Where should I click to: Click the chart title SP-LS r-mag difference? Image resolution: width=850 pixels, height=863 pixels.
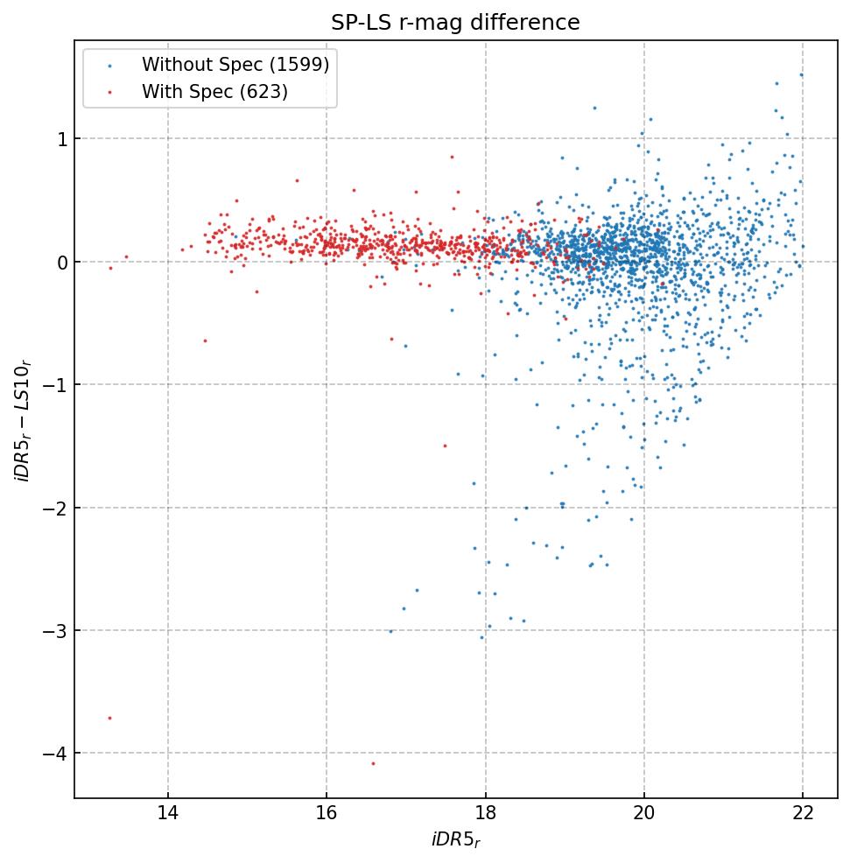(455, 23)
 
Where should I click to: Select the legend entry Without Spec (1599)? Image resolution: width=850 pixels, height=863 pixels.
(235, 65)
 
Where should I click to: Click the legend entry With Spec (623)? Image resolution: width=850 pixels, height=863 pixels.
(214, 91)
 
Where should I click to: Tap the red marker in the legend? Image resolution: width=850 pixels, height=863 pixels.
(109, 92)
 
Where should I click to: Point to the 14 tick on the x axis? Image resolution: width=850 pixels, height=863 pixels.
(168, 814)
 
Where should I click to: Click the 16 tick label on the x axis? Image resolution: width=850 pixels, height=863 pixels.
(327, 814)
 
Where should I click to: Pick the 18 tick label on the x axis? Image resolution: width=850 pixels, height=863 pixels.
(485, 814)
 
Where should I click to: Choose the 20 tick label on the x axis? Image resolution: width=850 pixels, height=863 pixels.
(644, 814)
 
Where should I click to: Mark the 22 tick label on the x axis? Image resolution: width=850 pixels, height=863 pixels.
(803, 814)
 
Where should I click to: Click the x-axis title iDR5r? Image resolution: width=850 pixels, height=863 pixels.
(455, 840)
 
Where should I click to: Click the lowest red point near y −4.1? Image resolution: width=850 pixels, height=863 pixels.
(373, 763)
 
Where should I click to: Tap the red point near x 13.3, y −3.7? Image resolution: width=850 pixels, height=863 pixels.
(109, 718)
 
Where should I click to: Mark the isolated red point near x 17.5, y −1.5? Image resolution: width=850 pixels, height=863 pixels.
(445, 446)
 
